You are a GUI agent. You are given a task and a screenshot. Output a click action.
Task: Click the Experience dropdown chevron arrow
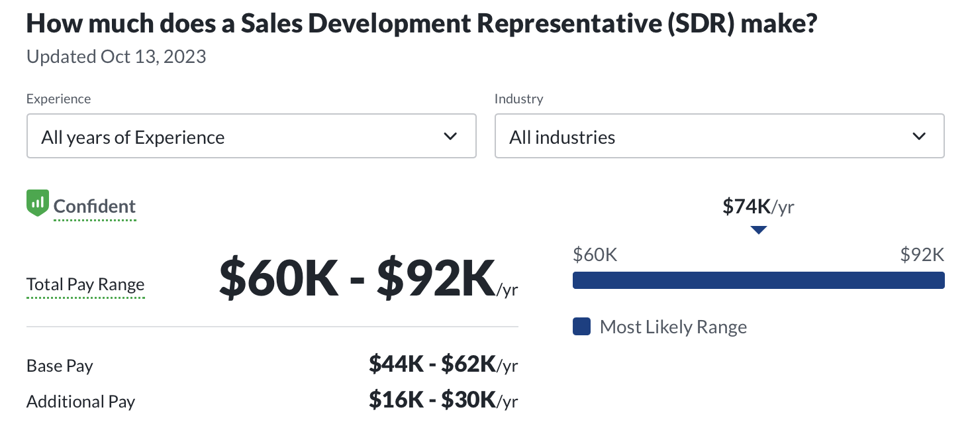coord(450,136)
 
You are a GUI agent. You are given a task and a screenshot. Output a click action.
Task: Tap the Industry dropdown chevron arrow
coord(918,136)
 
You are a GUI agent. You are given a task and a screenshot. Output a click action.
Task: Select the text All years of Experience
coord(133,137)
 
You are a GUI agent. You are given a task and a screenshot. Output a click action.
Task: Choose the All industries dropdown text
coord(562,137)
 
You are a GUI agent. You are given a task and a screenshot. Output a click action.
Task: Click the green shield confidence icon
coord(37,203)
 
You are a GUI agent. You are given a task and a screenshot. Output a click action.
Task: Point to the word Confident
coord(95,206)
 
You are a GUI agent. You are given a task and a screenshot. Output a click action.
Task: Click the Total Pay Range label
coord(85,285)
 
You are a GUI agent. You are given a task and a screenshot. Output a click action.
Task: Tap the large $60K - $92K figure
coord(358,279)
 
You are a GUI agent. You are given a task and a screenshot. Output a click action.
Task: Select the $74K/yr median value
coord(758,207)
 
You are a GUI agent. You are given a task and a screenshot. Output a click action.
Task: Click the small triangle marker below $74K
coord(759,230)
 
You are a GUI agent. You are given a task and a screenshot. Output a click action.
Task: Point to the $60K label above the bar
coord(595,254)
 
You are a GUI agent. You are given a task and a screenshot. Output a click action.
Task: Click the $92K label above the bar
coord(922,254)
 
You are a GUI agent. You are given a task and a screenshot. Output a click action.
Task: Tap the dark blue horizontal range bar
coord(758,280)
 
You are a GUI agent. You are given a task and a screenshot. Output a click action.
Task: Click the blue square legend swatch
coord(581,327)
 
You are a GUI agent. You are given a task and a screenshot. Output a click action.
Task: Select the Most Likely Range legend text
coord(673,327)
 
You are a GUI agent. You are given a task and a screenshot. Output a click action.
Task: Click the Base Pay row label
coord(60,366)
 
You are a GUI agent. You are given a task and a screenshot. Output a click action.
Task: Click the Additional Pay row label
coord(81,402)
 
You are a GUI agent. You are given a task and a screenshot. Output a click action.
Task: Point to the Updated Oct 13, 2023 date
coord(117,57)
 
